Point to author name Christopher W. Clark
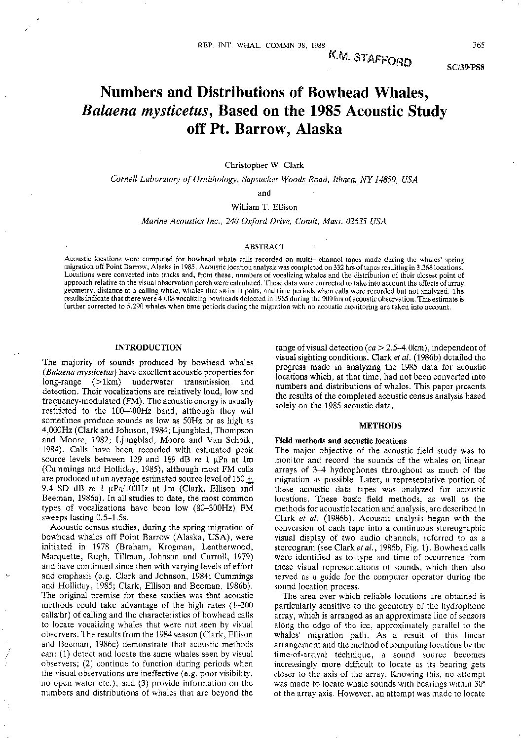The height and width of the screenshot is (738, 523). coord(264,166)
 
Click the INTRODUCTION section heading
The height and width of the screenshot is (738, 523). coord(148,348)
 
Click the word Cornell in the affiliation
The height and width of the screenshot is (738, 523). coord(124,180)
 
